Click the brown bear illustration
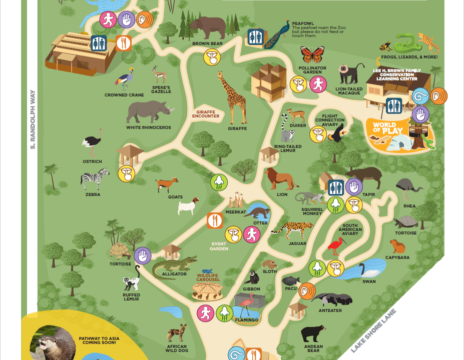[207, 27]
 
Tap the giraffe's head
[221, 75]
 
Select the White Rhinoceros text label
[149, 127]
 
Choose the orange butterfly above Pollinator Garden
[312, 54]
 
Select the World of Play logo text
[384, 128]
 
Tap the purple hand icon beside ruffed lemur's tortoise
[143, 255]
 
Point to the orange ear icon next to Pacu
[308, 290]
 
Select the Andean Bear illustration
[313, 333]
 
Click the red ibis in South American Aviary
[335, 245]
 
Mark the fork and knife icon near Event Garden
[215, 220]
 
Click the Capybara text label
[397, 257]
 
